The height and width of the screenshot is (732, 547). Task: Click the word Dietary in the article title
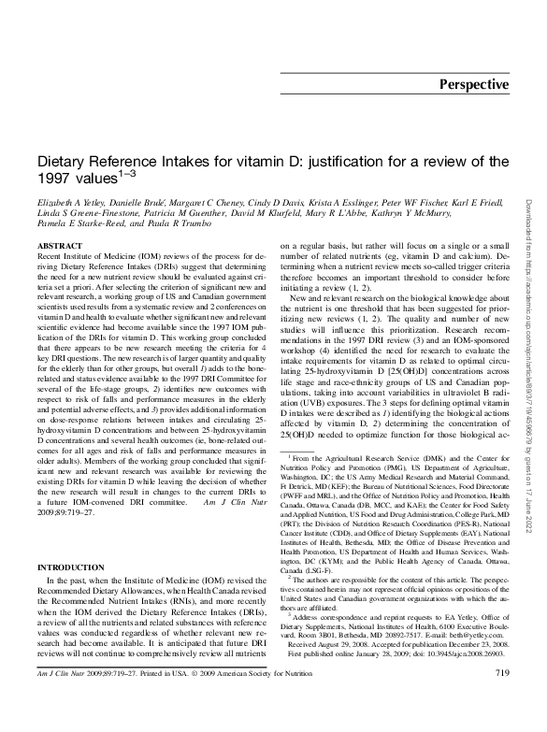pos(63,161)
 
